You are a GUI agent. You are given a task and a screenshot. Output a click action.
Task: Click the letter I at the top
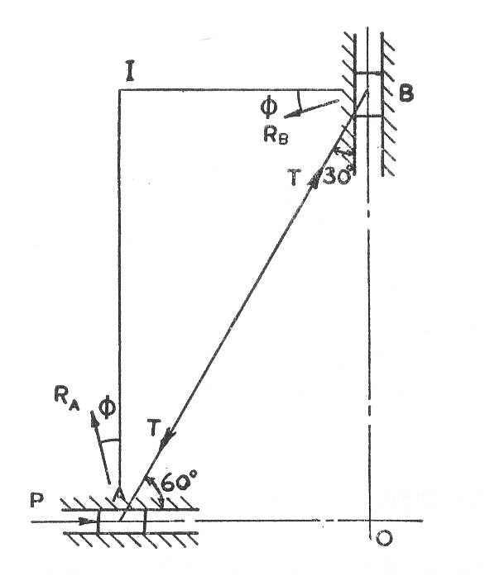130,73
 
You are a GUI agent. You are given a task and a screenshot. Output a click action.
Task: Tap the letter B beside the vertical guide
406,93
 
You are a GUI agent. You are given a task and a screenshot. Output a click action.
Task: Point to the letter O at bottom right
384,538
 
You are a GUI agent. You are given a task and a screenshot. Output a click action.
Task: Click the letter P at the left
37,500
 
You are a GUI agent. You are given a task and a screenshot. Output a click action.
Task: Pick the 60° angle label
180,482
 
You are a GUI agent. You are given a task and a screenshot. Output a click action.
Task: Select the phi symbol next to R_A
108,407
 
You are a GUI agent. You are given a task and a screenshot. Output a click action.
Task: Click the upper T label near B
295,178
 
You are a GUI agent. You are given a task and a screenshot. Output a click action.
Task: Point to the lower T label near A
154,427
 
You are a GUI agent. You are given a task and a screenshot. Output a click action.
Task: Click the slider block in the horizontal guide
122,521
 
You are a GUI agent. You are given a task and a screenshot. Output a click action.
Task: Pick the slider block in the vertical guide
369,95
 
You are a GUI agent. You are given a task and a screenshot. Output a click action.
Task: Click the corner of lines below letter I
119,89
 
